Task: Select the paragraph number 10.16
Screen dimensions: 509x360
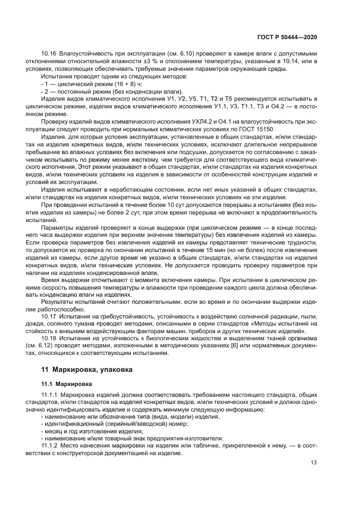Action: tap(50, 54)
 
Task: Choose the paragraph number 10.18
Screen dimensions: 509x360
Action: tap(50, 338)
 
